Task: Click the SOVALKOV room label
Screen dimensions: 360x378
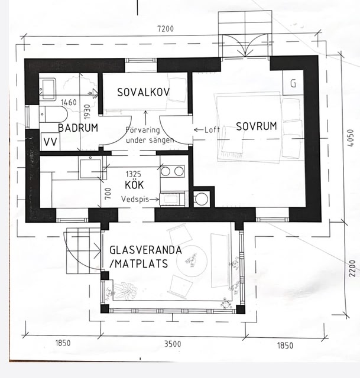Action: coord(143,92)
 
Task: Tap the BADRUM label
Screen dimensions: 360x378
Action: coord(78,128)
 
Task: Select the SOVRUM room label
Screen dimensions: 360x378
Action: coord(256,126)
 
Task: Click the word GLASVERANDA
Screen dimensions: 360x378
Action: coord(145,250)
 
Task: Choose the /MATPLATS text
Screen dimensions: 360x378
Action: coord(138,263)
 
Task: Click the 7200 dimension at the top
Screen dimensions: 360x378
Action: coord(166,29)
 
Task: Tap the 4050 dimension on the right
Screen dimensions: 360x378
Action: coord(351,138)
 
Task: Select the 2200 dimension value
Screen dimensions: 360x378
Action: coord(352,268)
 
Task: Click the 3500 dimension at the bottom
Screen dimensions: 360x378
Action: coord(173,344)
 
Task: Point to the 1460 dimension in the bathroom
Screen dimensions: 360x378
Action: coord(69,102)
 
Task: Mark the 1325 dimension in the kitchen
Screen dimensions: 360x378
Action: coord(134,174)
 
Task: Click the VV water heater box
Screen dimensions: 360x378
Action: coord(50,142)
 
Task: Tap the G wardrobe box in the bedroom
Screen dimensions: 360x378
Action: coord(293,83)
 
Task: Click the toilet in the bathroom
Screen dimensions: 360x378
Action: coord(54,115)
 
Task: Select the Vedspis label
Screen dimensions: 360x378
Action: coord(135,199)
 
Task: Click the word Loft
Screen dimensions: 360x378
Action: coord(212,130)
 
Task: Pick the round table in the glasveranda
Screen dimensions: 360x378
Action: coord(192,261)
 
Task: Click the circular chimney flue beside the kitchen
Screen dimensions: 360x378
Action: coord(202,199)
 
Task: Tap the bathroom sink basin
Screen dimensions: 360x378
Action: coord(48,89)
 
